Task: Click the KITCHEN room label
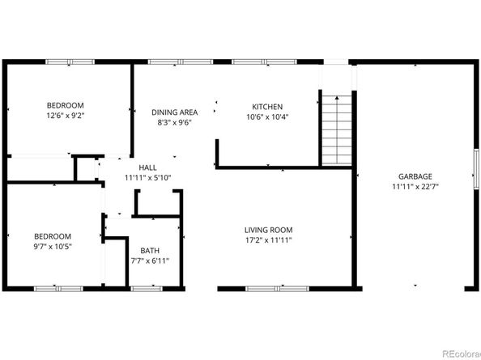point(266,107)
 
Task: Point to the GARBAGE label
point(415,176)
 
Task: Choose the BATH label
point(150,250)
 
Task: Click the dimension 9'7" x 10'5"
point(53,247)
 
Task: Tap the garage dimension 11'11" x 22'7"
point(415,186)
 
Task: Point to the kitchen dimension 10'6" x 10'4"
point(266,116)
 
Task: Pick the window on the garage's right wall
point(475,176)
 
